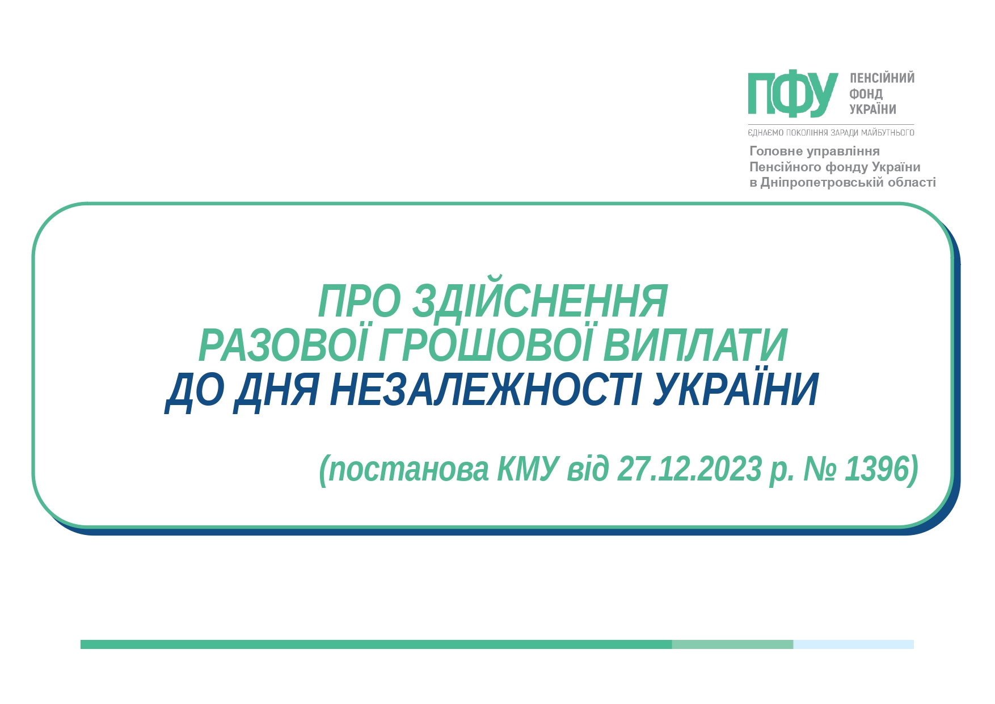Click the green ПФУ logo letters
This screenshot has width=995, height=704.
(x=792, y=94)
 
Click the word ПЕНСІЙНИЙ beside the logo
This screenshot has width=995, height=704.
(x=882, y=78)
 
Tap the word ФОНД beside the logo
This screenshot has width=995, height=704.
(x=866, y=94)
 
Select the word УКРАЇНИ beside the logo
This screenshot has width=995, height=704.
(x=873, y=109)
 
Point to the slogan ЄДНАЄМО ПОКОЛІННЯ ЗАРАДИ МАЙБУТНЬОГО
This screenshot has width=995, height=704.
(x=831, y=133)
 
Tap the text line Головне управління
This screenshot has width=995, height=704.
(x=815, y=151)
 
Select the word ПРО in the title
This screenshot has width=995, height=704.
(x=360, y=301)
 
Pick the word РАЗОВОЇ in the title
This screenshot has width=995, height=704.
(x=284, y=345)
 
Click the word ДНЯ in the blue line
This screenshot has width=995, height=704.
(x=276, y=391)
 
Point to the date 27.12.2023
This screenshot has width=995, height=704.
(x=689, y=469)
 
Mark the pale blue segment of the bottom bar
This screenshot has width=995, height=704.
(x=853, y=644)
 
